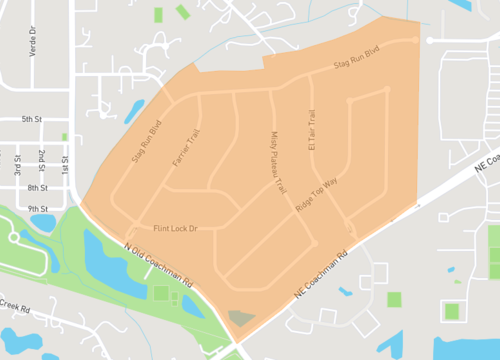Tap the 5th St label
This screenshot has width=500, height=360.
point(32,119)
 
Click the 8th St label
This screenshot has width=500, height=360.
point(38,188)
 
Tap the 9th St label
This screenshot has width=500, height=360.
point(38,208)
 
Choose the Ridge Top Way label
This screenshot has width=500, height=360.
point(318,192)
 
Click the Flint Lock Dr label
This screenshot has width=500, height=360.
point(175,229)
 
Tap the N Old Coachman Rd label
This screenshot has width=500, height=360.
point(159,265)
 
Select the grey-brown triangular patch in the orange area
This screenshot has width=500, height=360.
point(240,318)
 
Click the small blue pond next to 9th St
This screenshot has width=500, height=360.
point(43,222)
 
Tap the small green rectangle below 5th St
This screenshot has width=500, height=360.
point(65,136)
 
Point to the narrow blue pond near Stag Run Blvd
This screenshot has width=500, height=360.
point(134,109)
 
